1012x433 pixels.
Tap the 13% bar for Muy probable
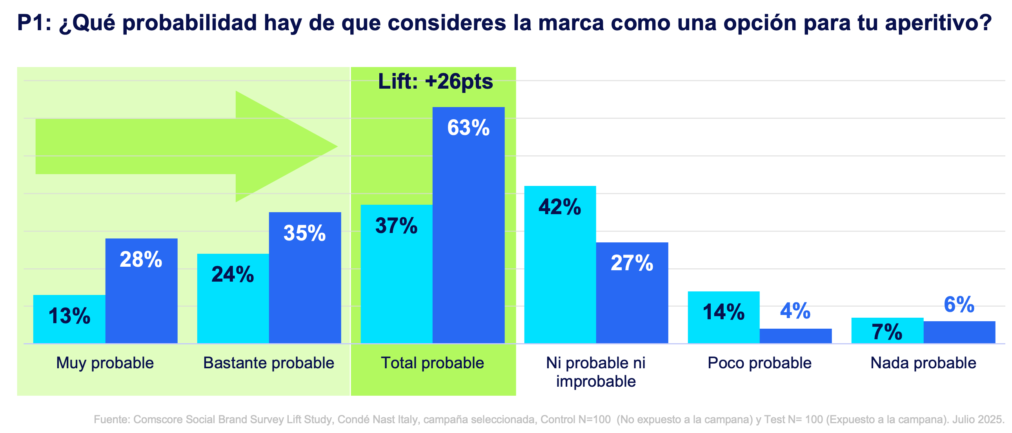pyautogui.click(x=69, y=318)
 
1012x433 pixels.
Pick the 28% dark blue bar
pyautogui.click(x=141, y=291)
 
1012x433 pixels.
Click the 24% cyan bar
pyautogui.click(x=233, y=298)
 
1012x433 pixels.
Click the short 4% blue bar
pyautogui.click(x=795, y=336)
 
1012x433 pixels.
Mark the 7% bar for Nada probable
pyautogui.click(x=887, y=331)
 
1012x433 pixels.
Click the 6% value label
pyautogui.click(x=959, y=304)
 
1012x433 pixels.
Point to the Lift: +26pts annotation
pyautogui.click(x=435, y=82)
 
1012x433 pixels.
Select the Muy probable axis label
pyautogui.click(x=105, y=363)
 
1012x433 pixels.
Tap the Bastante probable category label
pyautogui.click(x=269, y=363)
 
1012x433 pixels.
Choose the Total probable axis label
pyautogui.click(x=433, y=363)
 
